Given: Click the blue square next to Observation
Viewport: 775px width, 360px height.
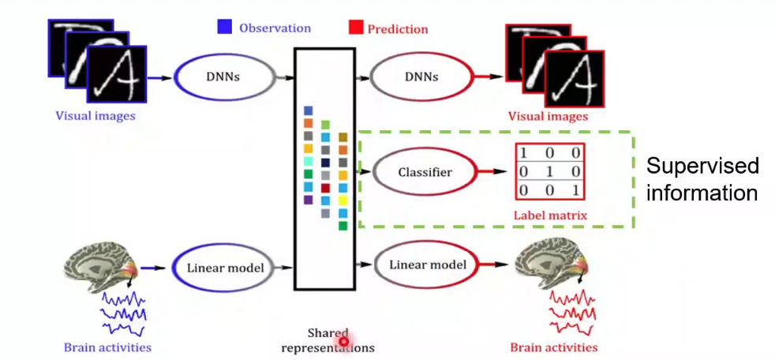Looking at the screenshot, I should tap(224, 28).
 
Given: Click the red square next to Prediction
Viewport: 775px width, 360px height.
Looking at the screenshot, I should tap(354, 28).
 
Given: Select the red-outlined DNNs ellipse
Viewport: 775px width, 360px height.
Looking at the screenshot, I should tap(420, 78).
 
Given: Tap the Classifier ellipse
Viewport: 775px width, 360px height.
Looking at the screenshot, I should tap(424, 171).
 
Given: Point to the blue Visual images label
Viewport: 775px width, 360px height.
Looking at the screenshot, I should tap(95, 115).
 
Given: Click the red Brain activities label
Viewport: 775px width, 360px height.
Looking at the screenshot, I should tap(553, 347).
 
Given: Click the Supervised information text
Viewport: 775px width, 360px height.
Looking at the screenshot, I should tap(702, 179).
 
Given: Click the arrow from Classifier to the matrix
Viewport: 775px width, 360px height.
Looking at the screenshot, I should tap(493, 171).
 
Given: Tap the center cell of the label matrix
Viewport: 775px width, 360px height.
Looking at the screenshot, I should tap(550, 171).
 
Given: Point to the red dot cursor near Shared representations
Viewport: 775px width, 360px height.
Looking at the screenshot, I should tap(344, 341).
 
